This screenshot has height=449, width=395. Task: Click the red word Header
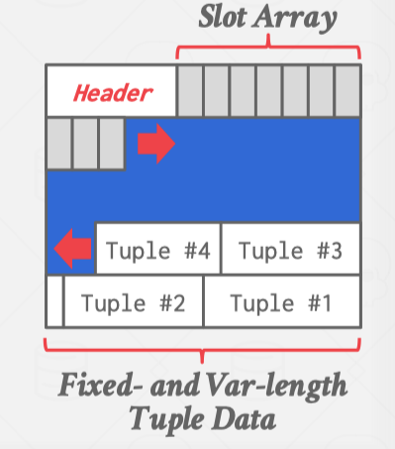click(111, 93)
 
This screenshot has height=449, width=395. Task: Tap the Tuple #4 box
click(157, 250)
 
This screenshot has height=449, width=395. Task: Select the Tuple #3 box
click(290, 250)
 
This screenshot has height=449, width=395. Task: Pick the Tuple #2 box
click(134, 301)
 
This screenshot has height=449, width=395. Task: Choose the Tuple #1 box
click(281, 301)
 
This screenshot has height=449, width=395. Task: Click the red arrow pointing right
click(155, 145)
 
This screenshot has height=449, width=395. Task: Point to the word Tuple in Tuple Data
click(169, 418)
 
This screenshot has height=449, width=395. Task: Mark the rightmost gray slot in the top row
click(346, 91)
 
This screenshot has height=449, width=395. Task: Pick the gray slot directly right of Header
click(190, 91)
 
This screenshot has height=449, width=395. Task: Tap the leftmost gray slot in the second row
click(58, 143)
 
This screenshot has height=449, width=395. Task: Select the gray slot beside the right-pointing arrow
click(111, 143)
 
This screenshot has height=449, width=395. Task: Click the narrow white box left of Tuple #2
click(54, 301)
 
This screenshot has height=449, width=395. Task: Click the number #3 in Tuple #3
click(331, 250)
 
